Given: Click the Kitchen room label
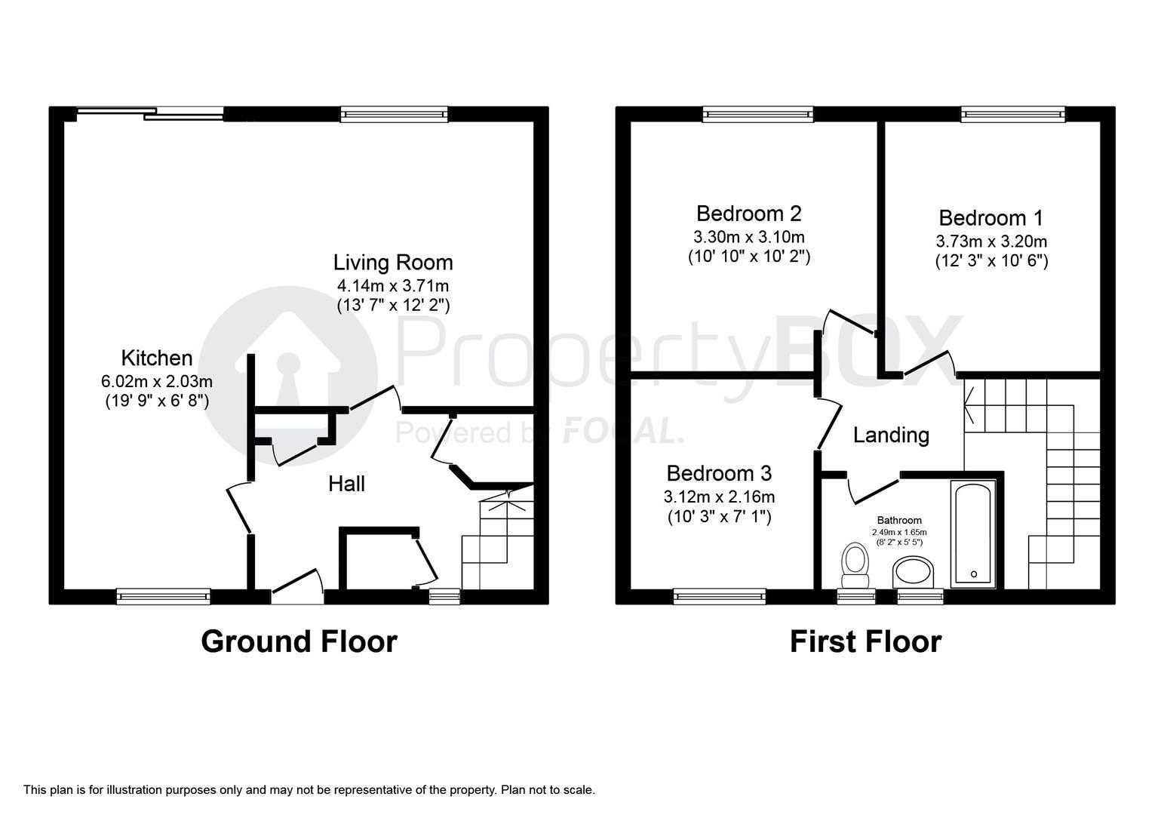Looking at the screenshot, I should [x=157, y=358].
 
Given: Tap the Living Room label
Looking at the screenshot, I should [x=393, y=263].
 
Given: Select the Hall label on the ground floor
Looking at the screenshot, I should [x=346, y=484].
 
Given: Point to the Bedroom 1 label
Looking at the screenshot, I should [x=990, y=218].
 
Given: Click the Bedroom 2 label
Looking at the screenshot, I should [x=748, y=213].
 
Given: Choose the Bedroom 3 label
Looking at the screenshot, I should [x=718, y=473].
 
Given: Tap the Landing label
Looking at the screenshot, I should [x=891, y=435].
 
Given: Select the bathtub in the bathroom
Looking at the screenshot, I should [x=974, y=534].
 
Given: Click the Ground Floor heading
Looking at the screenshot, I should [x=299, y=641].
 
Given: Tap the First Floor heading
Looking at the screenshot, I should [x=865, y=641].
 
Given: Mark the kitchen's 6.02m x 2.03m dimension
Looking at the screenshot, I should [x=157, y=381].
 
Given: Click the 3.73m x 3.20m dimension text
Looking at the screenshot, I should [x=990, y=241].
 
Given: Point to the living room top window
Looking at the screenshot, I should [x=394, y=114].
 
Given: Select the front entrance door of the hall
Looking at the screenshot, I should [x=297, y=589].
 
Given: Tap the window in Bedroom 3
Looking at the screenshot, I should [x=719, y=596].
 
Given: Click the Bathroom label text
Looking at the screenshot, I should [x=898, y=520].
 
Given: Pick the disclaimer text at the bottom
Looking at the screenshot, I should [x=309, y=790].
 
